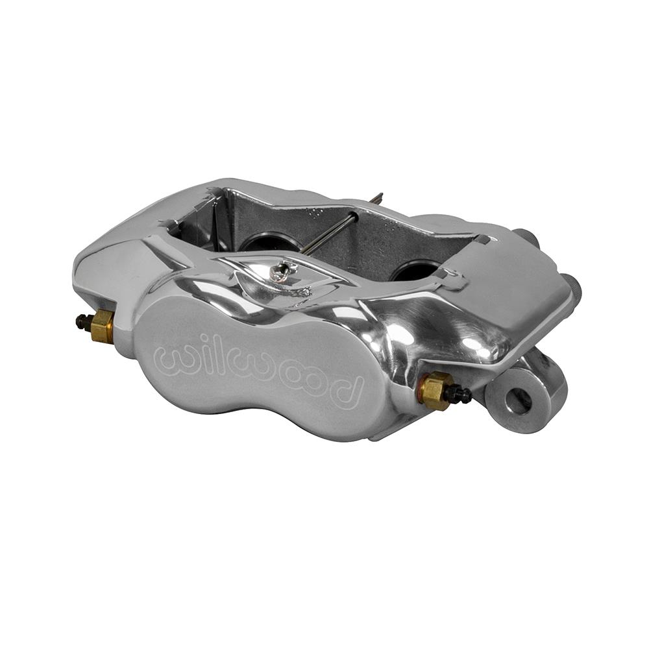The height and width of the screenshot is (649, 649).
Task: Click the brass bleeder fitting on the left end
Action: [x=102, y=325]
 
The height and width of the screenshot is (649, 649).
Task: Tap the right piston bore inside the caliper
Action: [x=415, y=269]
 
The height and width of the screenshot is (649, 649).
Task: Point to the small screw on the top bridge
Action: [x=282, y=272]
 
